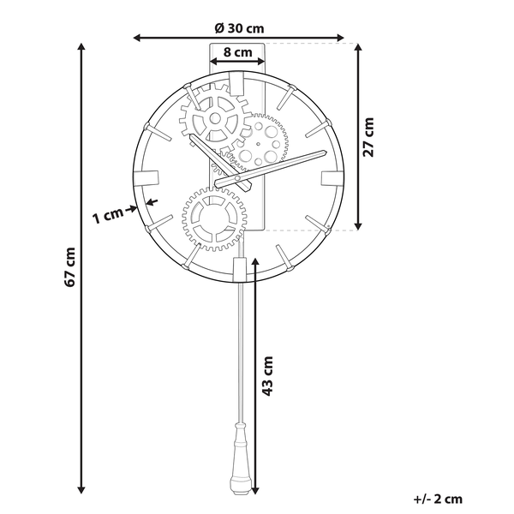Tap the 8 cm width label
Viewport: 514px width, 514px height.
click(x=237, y=51)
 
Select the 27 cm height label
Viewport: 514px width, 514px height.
click(x=369, y=137)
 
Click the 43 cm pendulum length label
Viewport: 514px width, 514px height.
click(x=268, y=377)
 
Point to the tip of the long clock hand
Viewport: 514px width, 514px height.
click(x=324, y=152)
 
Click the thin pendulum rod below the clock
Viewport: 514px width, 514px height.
click(x=240, y=343)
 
